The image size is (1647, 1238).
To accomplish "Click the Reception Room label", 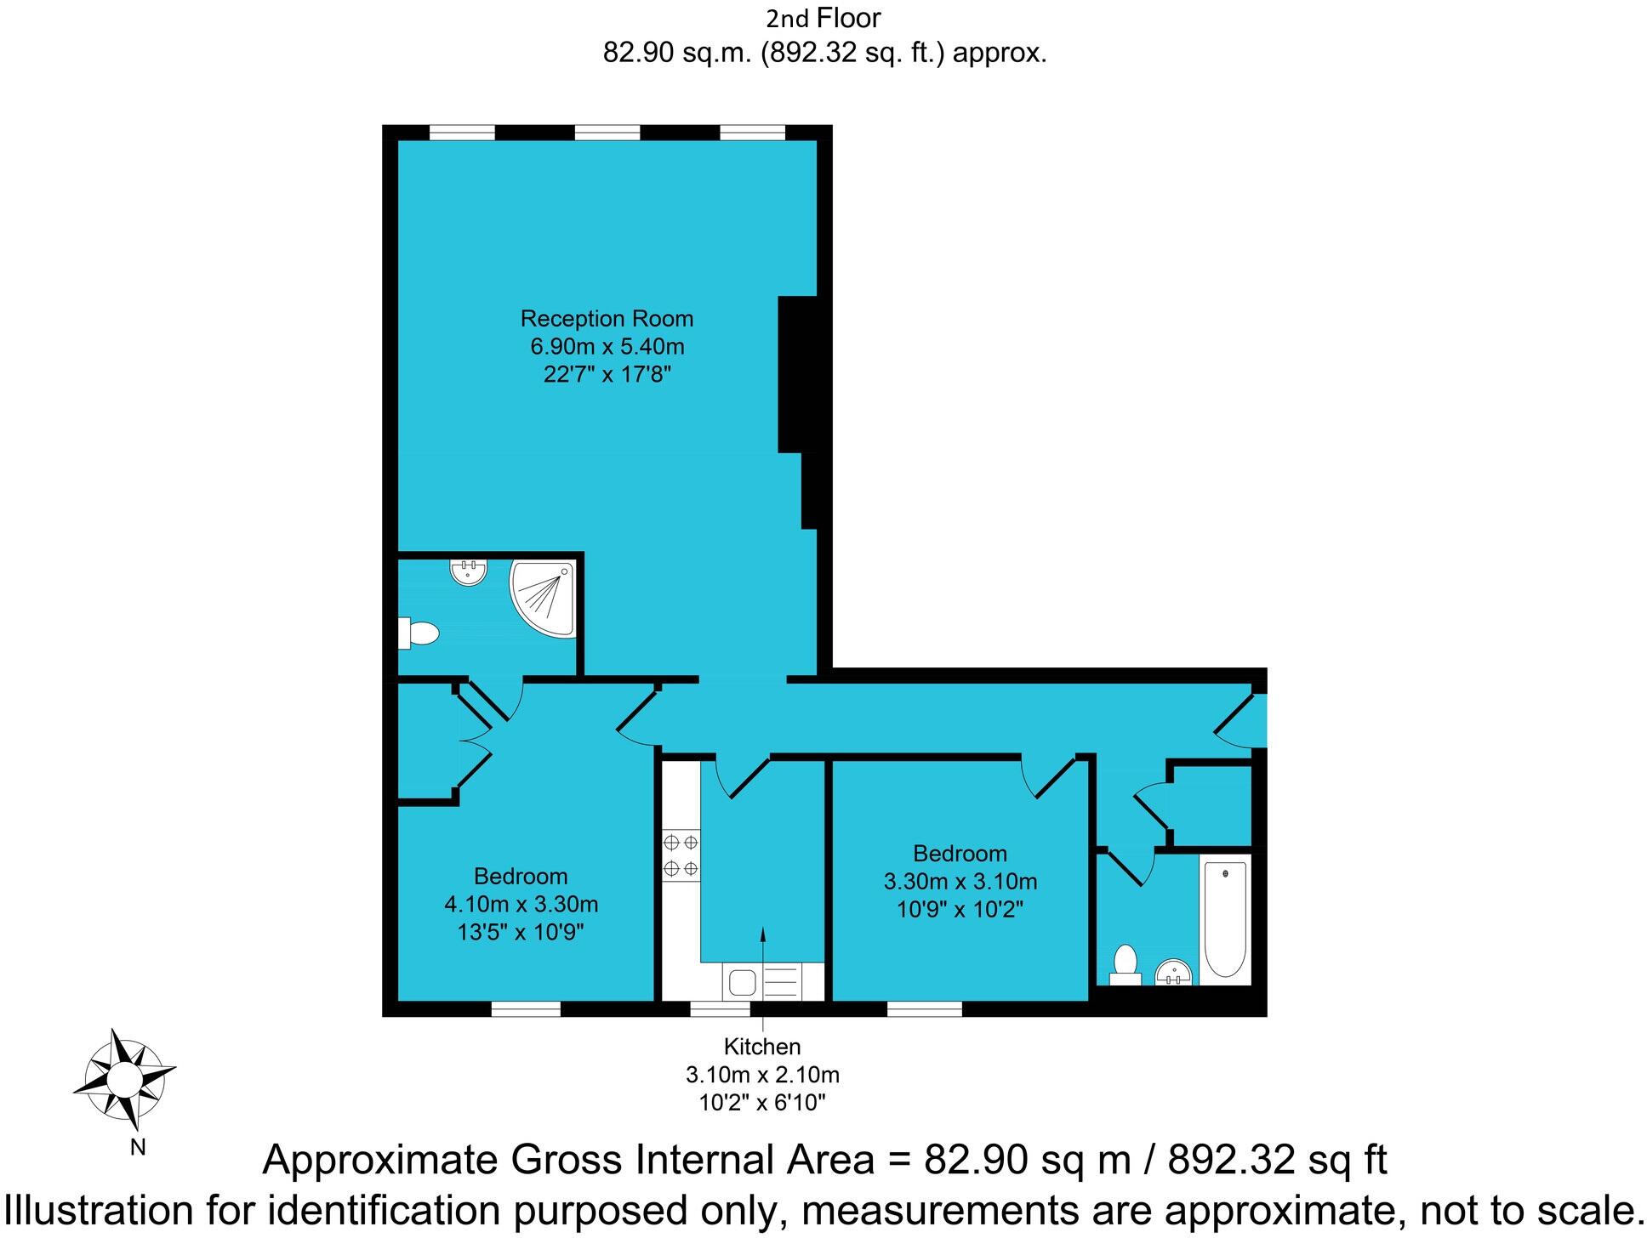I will click(607, 319).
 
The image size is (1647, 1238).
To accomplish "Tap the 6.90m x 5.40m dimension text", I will click(607, 347).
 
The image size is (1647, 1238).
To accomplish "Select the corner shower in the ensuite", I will click(545, 599).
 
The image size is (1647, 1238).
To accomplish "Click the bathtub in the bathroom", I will click(1225, 918).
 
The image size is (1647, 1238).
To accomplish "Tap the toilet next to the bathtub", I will click(1126, 963).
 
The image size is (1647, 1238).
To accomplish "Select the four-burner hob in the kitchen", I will click(681, 855).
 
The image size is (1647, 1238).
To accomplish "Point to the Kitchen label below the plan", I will click(762, 1047).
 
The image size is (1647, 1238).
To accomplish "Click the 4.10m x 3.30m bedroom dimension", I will click(521, 904).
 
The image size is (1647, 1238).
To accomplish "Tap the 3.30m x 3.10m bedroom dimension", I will click(960, 882).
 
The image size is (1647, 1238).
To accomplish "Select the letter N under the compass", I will click(137, 1148).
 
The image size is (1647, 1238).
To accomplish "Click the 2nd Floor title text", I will click(823, 18).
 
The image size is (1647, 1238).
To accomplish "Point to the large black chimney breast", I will click(798, 374).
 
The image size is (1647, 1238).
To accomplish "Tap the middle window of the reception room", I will click(607, 133).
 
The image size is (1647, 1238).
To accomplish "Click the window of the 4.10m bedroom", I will click(526, 1009).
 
